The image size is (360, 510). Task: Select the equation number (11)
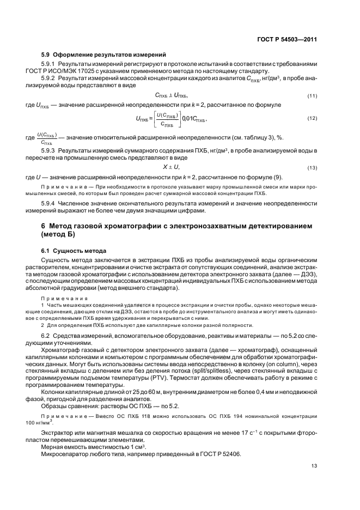point(312,96)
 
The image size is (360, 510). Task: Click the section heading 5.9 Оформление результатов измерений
point(103,54)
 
